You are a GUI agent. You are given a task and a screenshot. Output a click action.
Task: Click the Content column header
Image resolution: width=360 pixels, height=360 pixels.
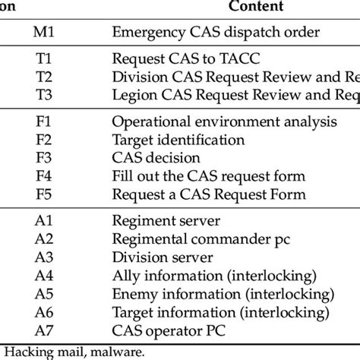click(259, 7)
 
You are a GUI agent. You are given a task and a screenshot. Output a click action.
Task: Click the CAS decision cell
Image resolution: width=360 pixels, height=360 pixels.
click(156, 158)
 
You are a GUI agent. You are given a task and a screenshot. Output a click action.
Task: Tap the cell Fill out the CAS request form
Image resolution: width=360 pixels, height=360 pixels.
click(208, 176)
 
